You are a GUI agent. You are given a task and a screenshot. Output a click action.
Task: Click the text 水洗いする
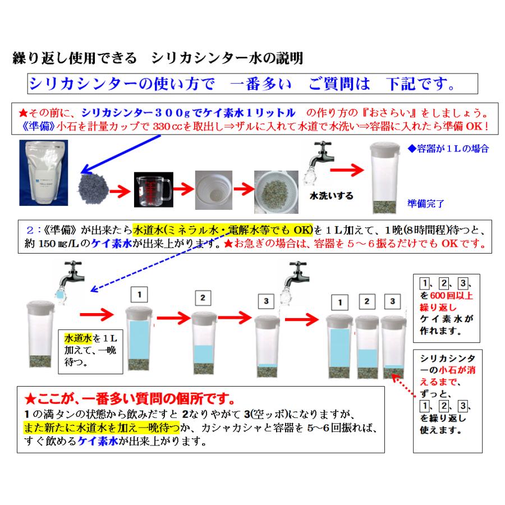point(332,196)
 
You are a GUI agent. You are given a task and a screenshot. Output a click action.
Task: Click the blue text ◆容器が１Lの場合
point(448,149)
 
